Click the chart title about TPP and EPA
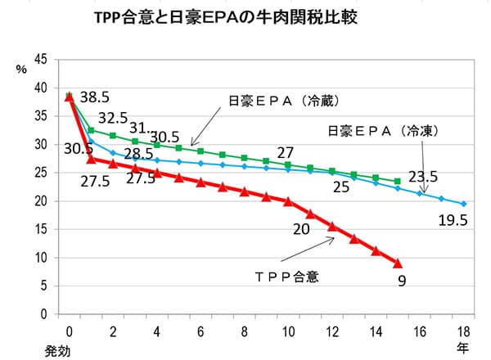(225, 18)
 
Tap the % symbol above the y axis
(22, 69)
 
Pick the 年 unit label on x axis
(462, 347)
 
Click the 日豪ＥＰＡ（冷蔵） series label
(284, 101)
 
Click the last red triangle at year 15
(398, 263)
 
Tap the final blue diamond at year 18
(464, 204)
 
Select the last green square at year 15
(398, 181)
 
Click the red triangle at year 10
(288, 201)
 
